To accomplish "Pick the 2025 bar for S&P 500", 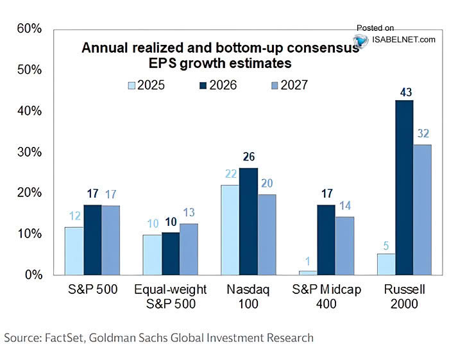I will [74, 250].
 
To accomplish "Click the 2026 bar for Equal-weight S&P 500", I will [171, 253].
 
